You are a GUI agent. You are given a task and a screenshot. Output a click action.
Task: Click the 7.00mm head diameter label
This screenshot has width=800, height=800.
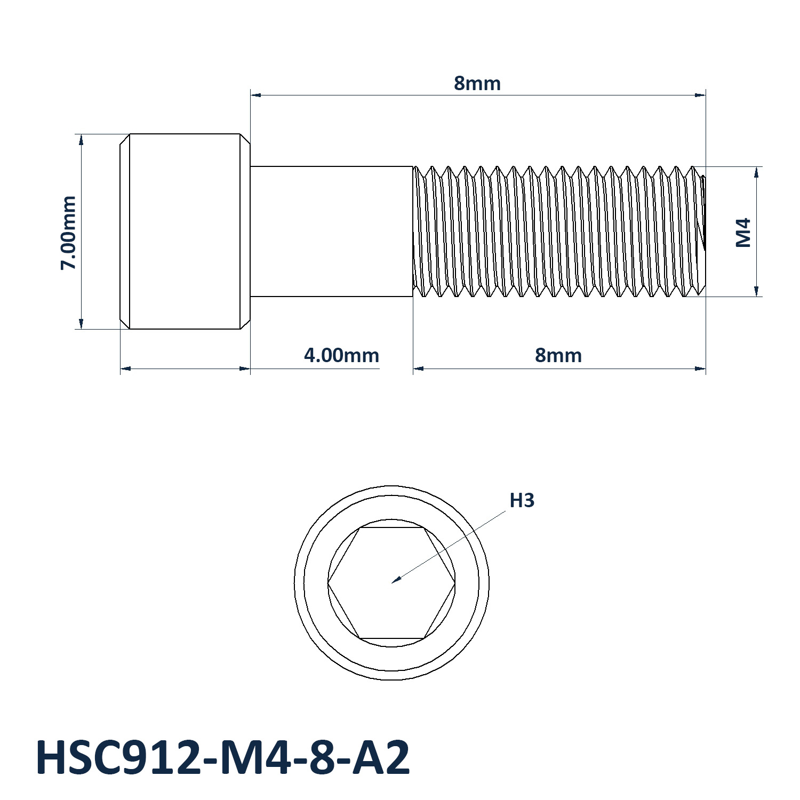(68, 233)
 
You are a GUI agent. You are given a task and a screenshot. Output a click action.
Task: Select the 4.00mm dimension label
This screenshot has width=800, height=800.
(341, 355)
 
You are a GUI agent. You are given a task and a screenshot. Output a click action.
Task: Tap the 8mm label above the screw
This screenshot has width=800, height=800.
(477, 84)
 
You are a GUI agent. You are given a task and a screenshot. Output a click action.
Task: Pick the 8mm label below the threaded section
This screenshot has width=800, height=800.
(558, 355)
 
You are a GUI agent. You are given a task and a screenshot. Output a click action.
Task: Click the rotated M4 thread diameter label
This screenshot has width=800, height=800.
(743, 232)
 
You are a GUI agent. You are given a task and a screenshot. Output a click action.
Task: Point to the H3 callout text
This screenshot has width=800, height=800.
(522, 500)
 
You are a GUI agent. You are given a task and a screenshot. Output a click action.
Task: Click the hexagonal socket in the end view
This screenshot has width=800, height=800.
(391, 583)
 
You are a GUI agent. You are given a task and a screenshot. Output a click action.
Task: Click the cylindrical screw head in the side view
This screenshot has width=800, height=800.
(185, 231)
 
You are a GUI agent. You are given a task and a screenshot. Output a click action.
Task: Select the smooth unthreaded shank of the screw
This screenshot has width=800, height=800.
(332, 231)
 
